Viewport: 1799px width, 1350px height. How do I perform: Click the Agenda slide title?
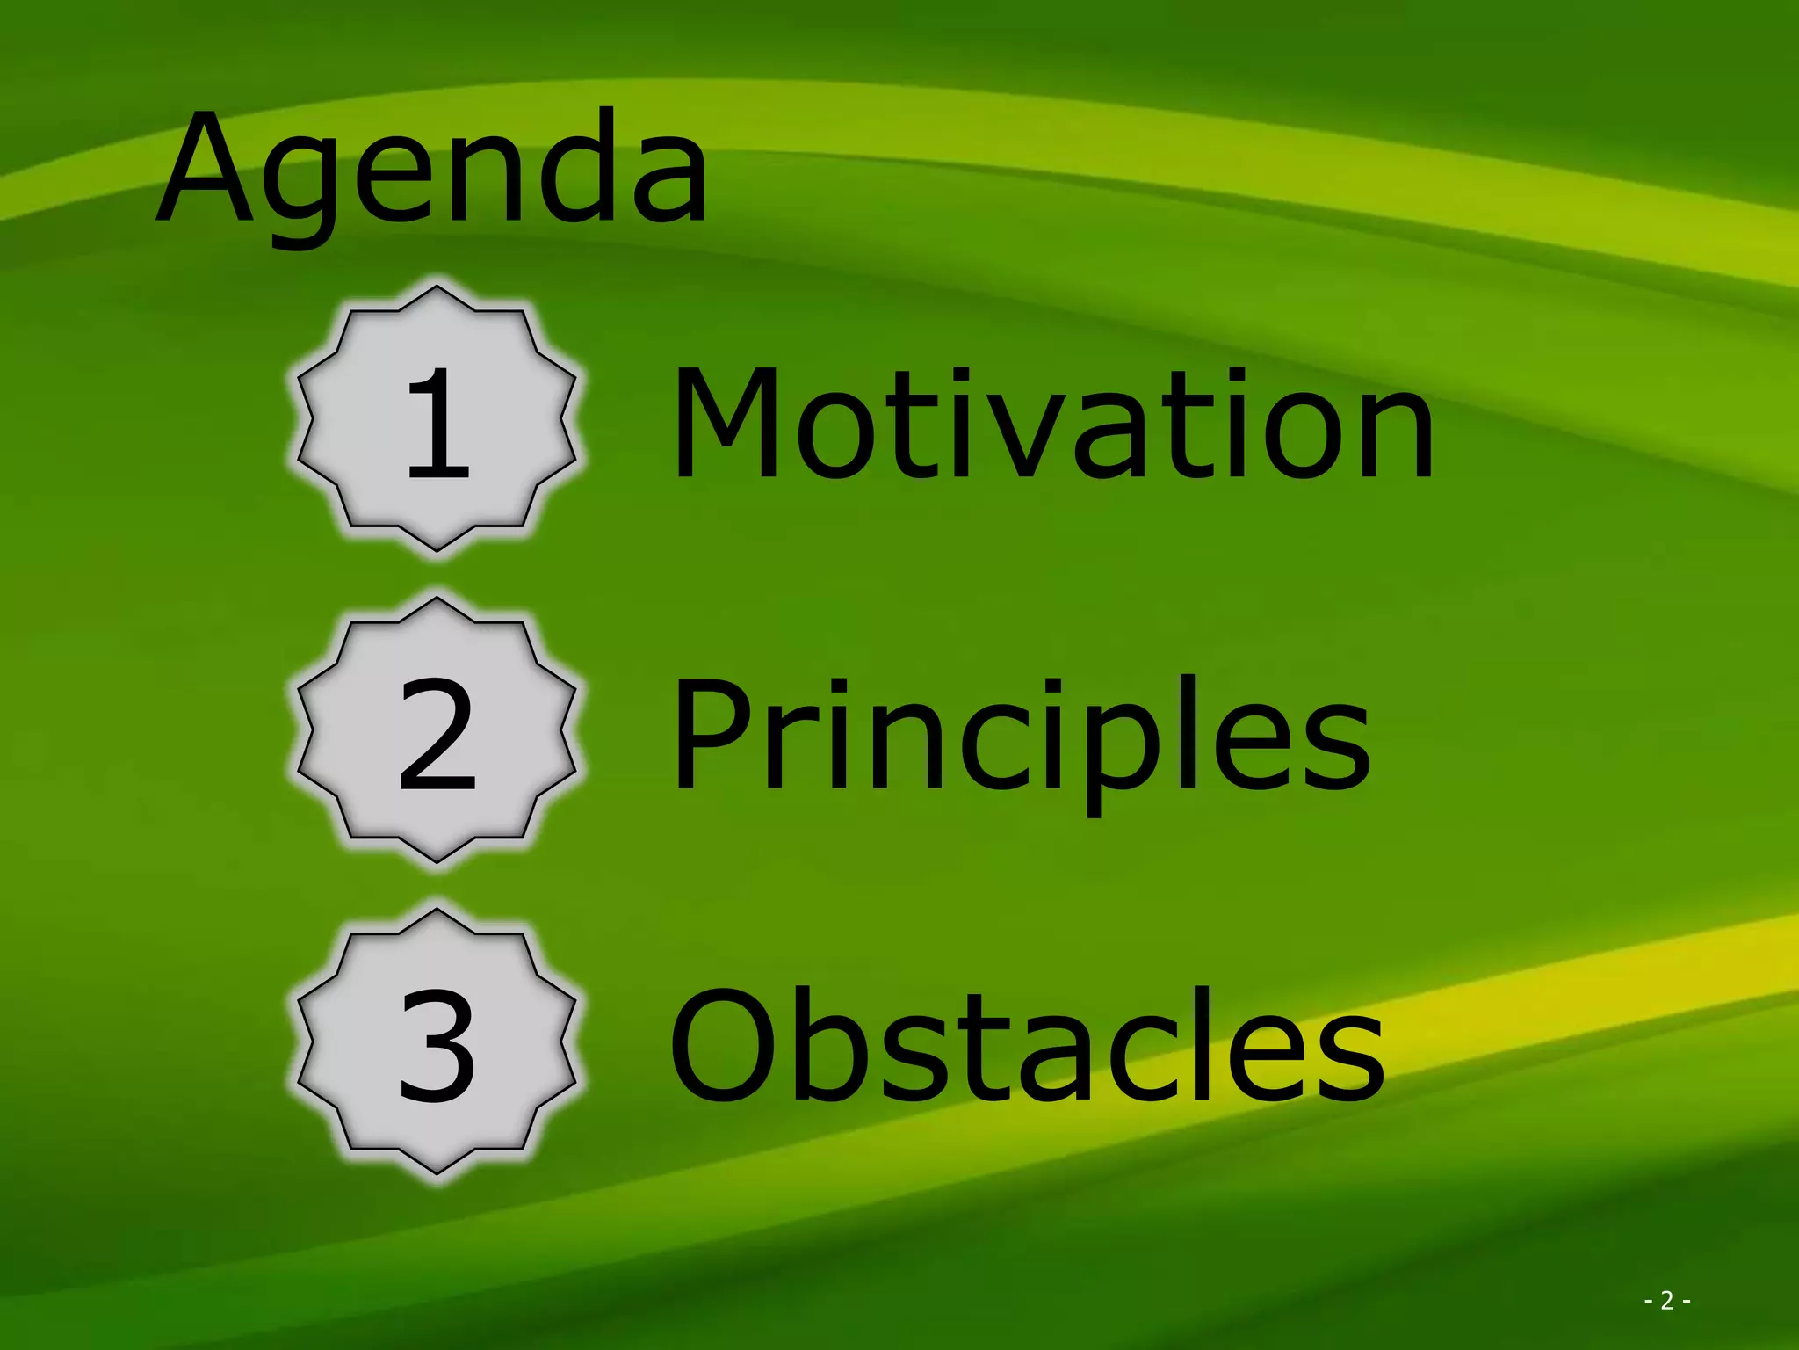(x=432, y=171)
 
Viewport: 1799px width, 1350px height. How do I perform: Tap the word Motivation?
(x=1052, y=425)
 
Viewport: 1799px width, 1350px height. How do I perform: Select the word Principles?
(x=1021, y=738)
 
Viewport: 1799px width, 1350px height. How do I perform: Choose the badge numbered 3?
(x=437, y=1042)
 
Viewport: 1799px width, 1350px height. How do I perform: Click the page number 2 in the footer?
(x=1666, y=1300)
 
